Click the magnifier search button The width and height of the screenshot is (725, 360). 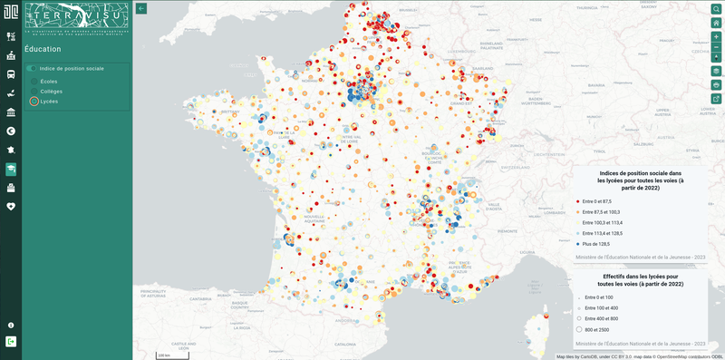click(716, 8)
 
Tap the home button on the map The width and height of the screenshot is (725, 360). click(716, 23)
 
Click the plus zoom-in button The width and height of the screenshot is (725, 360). click(716, 37)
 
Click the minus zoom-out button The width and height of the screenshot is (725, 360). click(716, 47)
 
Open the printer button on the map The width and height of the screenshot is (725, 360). click(716, 84)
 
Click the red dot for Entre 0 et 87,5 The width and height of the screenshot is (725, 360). click(577, 201)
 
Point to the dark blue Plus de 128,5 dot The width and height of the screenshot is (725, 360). click(577, 244)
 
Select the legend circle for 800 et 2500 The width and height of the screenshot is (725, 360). click(578, 330)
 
